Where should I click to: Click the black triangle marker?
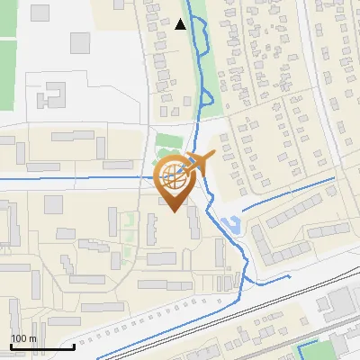181,24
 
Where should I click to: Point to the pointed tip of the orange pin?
175,211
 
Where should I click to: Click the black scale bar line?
41,346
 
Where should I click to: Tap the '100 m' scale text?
23,338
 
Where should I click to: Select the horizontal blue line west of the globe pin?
72,179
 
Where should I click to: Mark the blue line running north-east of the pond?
288,194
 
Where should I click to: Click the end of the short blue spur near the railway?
287,278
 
